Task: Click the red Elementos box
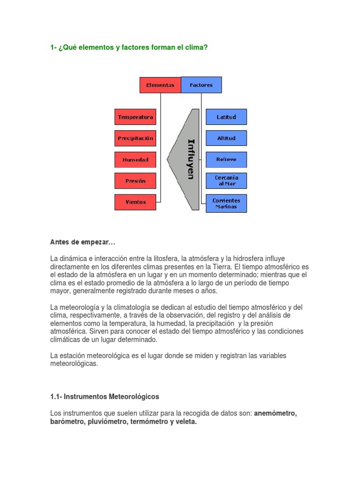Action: tap(160, 85)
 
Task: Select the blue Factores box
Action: tap(201, 85)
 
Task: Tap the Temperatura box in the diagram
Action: tap(135, 117)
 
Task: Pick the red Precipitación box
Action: tap(135, 138)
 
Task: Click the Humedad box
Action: tap(135, 159)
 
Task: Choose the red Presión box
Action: tap(135, 181)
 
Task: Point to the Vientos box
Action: tap(135, 202)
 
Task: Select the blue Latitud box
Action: tap(226, 117)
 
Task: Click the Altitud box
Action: tap(226, 138)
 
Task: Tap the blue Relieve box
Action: tap(226, 159)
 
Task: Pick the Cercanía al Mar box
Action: tap(226, 181)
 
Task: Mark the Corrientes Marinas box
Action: tap(226, 203)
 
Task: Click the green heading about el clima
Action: tap(129, 48)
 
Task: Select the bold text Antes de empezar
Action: tap(82, 242)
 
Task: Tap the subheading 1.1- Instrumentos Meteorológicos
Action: tap(105, 397)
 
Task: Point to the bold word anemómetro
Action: tap(275, 414)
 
